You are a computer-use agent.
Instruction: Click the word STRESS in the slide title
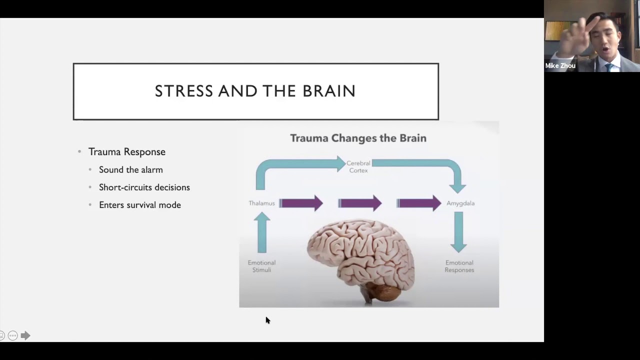(184, 91)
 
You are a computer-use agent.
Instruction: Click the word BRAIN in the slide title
(329, 91)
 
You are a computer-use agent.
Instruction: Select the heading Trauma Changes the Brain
(358, 138)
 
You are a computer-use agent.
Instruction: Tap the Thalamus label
(261, 203)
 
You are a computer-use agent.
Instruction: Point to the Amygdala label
(460, 203)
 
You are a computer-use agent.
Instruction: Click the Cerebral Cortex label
(358, 166)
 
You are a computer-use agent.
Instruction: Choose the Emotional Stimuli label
(261, 266)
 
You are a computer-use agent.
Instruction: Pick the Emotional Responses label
(459, 266)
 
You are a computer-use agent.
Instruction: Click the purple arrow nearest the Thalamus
(301, 203)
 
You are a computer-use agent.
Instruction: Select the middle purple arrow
(359, 203)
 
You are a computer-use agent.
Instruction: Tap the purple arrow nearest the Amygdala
(419, 203)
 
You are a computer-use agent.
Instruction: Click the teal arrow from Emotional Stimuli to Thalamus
(261, 232)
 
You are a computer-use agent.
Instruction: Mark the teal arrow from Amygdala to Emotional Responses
(458, 232)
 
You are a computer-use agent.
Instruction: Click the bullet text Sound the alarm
(131, 169)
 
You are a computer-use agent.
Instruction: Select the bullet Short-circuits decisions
(144, 187)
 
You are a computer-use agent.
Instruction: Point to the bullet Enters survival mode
(139, 205)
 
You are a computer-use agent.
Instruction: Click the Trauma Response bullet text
(127, 151)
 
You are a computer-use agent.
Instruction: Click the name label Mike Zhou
(560, 65)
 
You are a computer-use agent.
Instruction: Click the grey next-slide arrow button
(25, 335)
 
